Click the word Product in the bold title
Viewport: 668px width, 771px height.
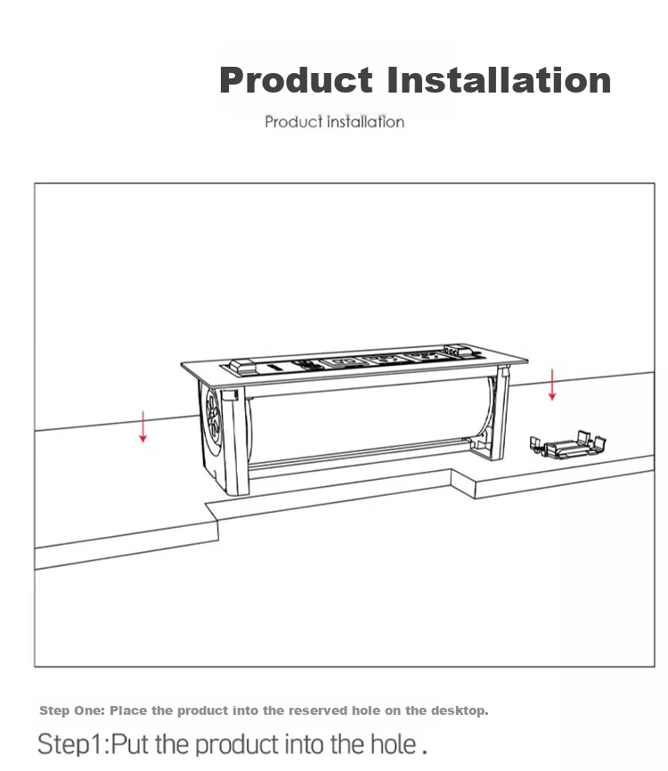[x=296, y=79]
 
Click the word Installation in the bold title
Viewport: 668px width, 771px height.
[x=499, y=79]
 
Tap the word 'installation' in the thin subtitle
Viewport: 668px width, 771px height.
[x=366, y=121]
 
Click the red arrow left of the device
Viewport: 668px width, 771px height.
[x=143, y=426]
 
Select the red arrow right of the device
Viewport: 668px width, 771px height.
[x=552, y=385]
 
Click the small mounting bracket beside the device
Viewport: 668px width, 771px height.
[x=567, y=445]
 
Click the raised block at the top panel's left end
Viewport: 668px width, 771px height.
[x=243, y=365]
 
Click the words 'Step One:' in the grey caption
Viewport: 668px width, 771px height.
[x=72, y=710]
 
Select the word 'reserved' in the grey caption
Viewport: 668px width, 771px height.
[x=317, y=710]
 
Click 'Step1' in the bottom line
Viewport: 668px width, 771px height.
[x=70, y=744]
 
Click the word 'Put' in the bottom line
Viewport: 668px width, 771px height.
[x=130, y=743]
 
